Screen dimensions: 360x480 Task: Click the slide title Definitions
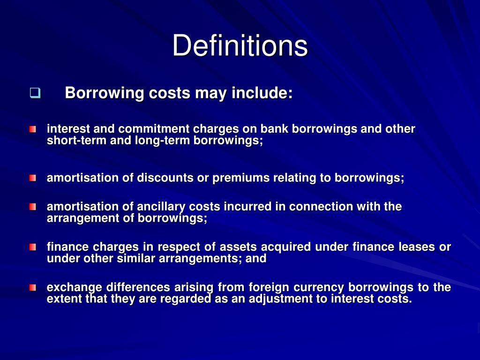[240, 46]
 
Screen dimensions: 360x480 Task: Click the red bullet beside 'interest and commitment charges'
[32, 129]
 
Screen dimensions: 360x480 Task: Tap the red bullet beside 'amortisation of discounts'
[32, 178]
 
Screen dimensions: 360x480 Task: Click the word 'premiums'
[238, 178]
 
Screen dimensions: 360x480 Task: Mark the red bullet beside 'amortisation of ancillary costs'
[32, 207]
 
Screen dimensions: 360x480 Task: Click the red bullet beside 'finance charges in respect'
[32, 247]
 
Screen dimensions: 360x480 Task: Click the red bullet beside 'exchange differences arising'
[32, 287]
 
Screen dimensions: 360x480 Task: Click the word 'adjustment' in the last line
[281, 300]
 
